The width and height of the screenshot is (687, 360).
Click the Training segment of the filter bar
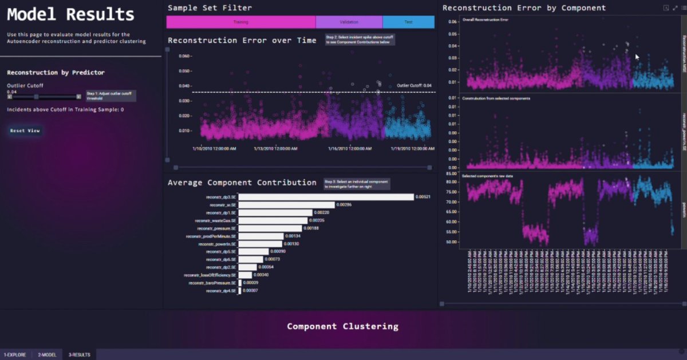(x=240, y=22)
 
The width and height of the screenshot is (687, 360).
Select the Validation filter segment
(x=349, y=22)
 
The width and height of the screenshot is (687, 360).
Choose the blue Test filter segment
(x=408, y=22)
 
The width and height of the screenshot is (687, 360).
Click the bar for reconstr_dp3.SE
(x=326, y=197)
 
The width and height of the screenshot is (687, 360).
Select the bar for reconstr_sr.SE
(x=286, y=205)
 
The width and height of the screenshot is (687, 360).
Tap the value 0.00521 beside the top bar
(x=423, y=197)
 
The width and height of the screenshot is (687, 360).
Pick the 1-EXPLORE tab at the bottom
(x=15, y=355)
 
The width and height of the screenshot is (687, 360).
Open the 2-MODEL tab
(x=48, y=355)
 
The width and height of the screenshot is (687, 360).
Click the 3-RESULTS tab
(x=79, y=355)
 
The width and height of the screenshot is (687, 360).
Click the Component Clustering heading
(x=342, y=326)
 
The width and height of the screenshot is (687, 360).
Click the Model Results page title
(x=70, y=15)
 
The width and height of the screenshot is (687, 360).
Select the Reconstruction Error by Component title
(x=524, y=8)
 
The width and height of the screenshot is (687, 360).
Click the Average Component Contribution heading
(x=242, y=183)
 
